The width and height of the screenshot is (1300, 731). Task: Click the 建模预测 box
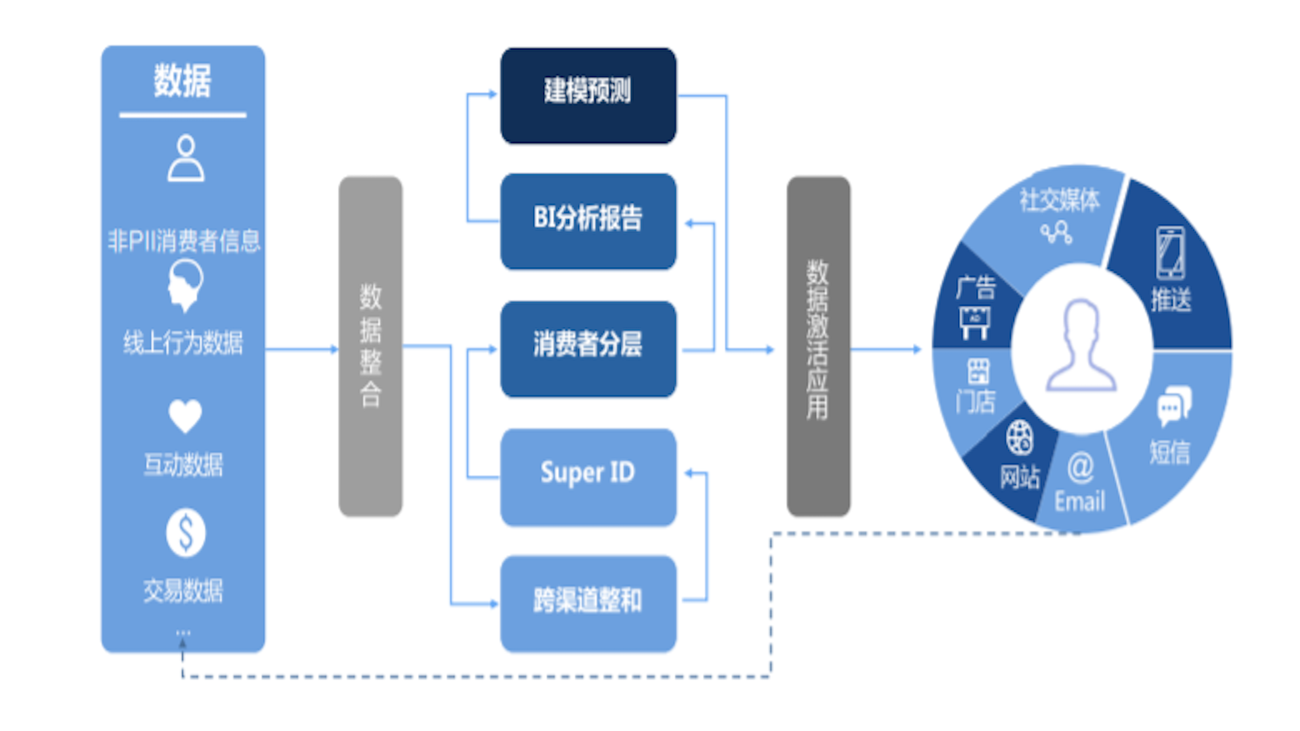(x=588, y=95)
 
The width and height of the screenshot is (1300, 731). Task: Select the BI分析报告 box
(x=588, y=221)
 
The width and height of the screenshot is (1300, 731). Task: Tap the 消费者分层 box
(x=588, y=348)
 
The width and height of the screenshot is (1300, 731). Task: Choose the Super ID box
(x=588, y=476)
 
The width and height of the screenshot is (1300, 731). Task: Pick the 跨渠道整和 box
(x=588, y=602)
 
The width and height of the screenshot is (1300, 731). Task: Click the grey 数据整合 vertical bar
(x=370, y=346)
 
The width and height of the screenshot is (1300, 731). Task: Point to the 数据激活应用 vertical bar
(x=818, y=346)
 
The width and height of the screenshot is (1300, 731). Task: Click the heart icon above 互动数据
(x=185, y=415)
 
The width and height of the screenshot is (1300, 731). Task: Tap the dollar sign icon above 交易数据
(x=186, y=533)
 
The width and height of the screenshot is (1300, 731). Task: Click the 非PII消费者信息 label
(x=183, y=241)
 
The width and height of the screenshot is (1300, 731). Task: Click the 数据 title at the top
(x=183, y=81)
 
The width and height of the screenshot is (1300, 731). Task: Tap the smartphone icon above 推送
(x=1170, y=253)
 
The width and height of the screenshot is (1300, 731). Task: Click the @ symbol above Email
(x=1081, y=467)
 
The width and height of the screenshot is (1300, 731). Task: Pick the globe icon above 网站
(x=1019, y=437)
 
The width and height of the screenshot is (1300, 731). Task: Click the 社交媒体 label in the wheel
(x=1060, y=200)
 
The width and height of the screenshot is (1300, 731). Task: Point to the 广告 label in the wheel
(x=976, y=288)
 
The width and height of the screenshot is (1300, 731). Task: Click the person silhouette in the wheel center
(x=1081, y=346)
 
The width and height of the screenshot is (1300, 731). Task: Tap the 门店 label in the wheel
(x=976, y=402)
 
